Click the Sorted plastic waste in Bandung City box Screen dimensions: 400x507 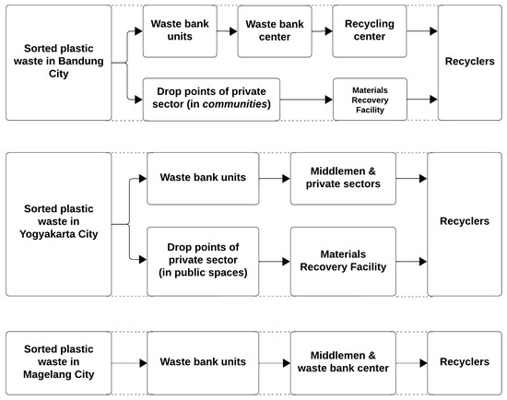57,63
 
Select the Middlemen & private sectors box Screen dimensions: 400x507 343,176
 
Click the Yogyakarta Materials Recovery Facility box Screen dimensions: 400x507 343,261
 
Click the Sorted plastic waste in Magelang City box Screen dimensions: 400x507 57,363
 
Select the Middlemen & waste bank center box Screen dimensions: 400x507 343,363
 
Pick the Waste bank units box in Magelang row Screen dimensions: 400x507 202,363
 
